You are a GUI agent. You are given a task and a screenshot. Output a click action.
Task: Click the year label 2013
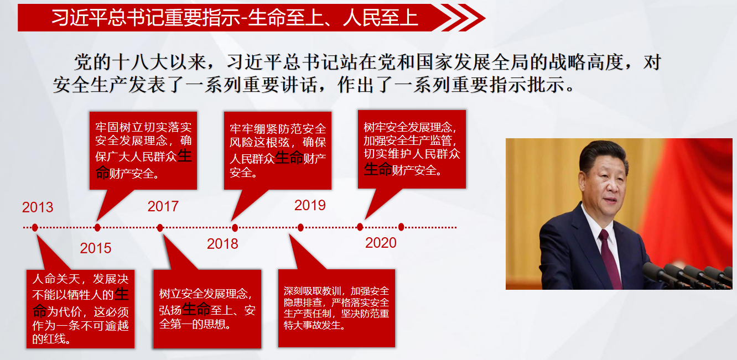click(38, 207)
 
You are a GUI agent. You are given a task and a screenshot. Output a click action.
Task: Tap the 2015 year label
click(95, 248)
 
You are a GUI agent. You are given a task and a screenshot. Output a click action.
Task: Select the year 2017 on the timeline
click(163, 206)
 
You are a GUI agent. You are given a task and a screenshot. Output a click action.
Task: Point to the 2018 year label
click(222, 244)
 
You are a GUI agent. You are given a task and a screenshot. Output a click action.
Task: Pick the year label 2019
click(310, 205)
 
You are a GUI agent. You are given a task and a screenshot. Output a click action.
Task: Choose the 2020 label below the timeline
click(381, 243)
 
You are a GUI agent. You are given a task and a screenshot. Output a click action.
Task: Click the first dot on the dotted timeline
click(35, 227)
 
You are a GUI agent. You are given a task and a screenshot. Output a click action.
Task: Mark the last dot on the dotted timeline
click(401, 227)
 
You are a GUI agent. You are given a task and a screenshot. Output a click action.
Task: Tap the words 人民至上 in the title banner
click(380, 18)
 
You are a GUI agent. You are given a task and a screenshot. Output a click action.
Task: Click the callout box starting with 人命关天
click(80, 309)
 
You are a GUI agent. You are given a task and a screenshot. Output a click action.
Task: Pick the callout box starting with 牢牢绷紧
click(278, 150)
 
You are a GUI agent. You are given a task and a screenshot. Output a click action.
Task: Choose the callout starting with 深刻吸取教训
click(336, 308)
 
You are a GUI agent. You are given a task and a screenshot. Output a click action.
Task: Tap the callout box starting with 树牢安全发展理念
click(412, 149)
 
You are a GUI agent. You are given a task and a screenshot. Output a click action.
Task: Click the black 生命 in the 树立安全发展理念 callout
click(196, 309)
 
